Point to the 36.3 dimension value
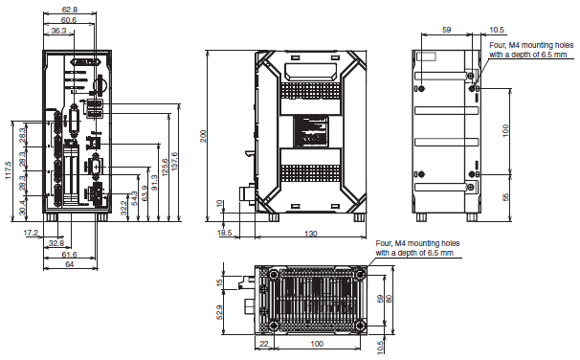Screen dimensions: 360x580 click(x=58, y=31)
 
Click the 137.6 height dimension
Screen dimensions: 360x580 click(x=173, y=158)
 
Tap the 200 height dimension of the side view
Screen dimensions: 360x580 click(x=203, y=136)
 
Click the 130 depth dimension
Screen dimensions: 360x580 click(x=312, y=235)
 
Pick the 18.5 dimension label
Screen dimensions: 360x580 click(x=225, y=233)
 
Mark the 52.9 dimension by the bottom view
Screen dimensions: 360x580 click(x=221, y=312)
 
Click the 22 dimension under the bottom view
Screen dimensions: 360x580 click(x=262, y=343)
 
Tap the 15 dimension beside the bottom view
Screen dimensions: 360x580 click(x=221, y=282)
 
